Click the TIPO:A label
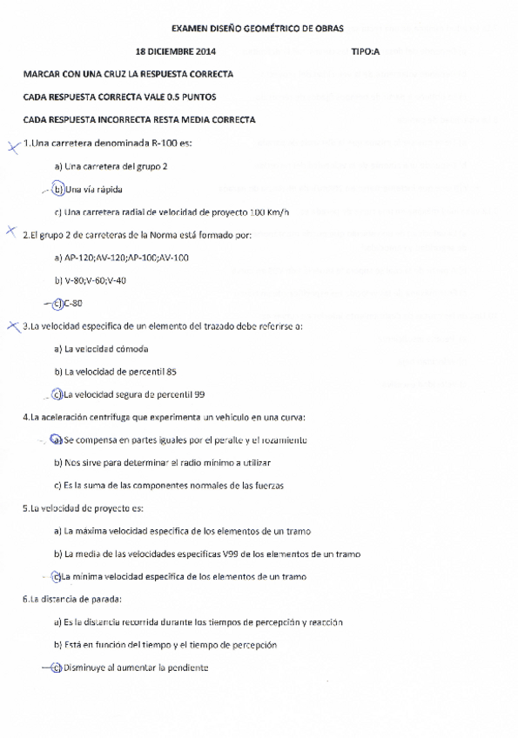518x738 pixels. [x=366, y=51]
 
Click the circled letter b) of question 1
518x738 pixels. [x=58, y=188]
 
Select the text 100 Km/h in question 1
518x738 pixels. [x=270, y=211]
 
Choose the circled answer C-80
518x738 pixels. [x=73, y=303]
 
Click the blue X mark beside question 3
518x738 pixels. [x=12, y=326]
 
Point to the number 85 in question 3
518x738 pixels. [x=171, y=372]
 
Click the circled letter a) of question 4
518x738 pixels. [x=57, y=440]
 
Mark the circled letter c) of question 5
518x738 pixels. [x=57, y=576]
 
